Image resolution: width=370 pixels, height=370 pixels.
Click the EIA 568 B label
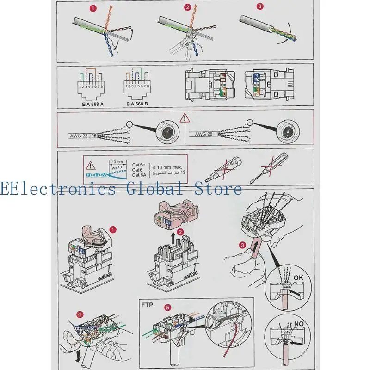tap(137, 104)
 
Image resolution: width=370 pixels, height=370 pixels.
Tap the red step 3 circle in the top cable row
tap(260, 7)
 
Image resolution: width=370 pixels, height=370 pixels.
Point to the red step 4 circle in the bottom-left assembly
tap(81, 315)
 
